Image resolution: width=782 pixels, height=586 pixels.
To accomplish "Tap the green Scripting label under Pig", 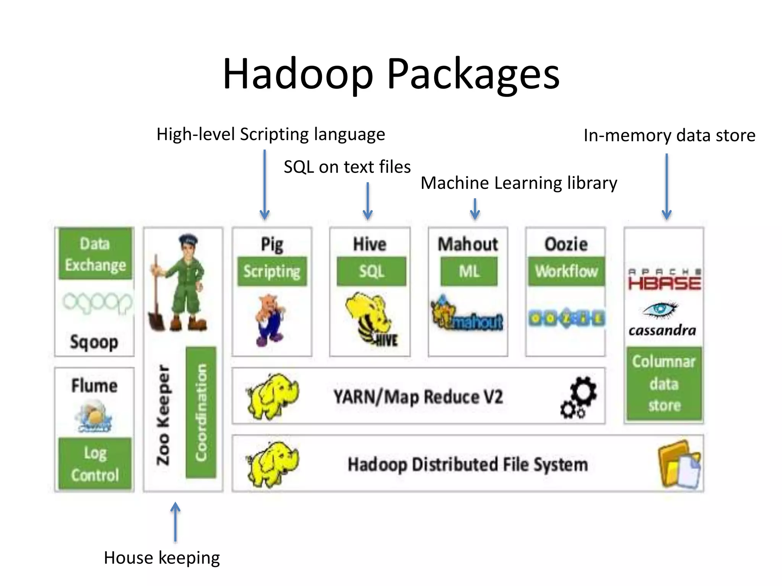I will (272, 271).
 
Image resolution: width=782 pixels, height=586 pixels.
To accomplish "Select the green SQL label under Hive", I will (371, 271).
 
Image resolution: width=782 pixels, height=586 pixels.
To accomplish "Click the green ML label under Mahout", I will (469, 271).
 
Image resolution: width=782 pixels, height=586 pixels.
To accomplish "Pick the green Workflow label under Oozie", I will (566, 271).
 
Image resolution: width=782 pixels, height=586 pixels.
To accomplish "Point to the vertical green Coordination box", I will (201, 412).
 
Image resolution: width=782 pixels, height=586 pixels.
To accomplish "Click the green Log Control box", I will (95, 464).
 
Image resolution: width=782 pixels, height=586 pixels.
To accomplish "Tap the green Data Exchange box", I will (95, 254).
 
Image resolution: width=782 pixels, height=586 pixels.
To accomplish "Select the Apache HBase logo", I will (664, 280).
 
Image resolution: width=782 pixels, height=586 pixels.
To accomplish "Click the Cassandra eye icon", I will (660, 309).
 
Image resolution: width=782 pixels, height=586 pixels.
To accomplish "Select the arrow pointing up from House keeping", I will (175, 522).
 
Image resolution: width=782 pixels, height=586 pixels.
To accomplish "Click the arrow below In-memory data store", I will (667, 187).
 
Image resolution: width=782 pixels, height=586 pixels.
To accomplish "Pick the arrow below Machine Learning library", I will (475, 209).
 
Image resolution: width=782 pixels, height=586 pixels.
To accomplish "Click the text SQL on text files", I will (347, 167).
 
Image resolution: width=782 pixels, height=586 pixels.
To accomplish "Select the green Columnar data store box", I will (664, 383).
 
